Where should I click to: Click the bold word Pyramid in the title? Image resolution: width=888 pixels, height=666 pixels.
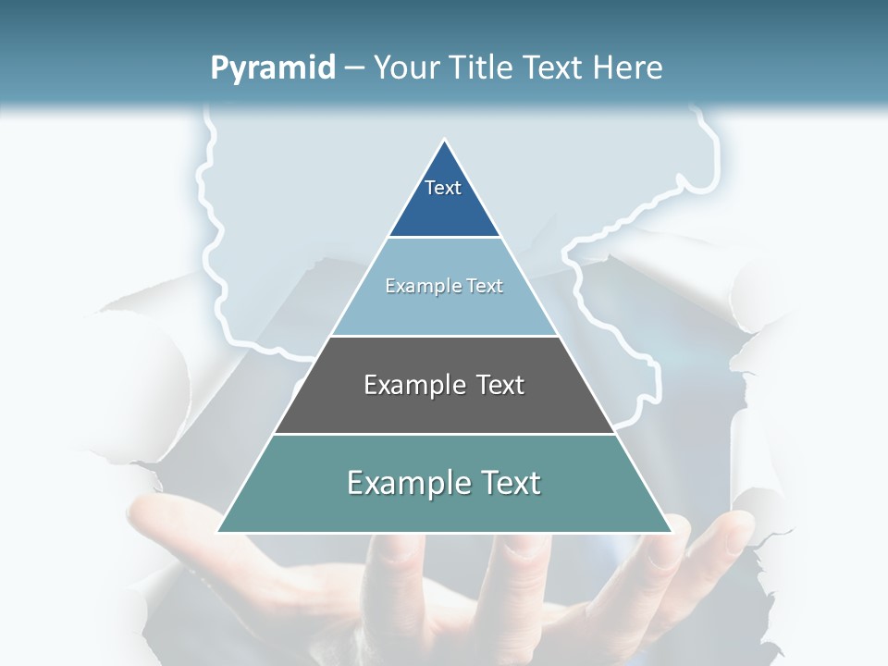tap(273, 68)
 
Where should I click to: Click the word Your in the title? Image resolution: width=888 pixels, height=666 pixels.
tap(405, 68)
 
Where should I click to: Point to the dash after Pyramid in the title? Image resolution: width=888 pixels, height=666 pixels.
tap(354, 68)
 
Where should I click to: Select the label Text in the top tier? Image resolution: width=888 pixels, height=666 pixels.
tap(443, 188)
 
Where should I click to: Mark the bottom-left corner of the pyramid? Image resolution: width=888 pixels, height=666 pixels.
tap(218, 531)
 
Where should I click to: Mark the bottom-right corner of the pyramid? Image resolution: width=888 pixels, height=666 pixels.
tap(671, 531)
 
